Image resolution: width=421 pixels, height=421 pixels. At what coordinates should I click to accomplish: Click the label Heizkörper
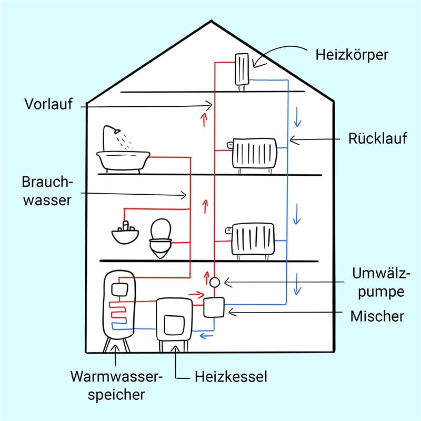tap(352, 55)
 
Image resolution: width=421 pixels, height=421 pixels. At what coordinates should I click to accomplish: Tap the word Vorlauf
tap(48, 104)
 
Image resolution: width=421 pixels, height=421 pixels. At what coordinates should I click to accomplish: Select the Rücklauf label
tap(377, 138)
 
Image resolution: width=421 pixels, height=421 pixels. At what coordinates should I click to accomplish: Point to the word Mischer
tap(377, 316)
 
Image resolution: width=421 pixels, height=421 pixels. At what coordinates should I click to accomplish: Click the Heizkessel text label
tap(231, 376)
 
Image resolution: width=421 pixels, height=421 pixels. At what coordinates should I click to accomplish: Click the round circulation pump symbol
tap(215, 282)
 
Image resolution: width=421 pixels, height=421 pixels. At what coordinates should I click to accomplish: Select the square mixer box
tap(214, 307)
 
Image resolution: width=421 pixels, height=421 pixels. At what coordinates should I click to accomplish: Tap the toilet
tap(161, 238)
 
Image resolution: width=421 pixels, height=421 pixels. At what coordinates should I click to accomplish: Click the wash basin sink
tap(125, 234)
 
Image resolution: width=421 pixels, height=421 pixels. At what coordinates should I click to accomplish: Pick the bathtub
tap(123, 162)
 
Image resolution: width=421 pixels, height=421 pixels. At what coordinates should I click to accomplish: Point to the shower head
tap(117, 131)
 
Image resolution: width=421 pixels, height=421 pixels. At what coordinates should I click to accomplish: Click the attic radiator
tap(242, 71)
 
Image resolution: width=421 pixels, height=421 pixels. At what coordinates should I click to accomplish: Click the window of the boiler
tap(174, 325)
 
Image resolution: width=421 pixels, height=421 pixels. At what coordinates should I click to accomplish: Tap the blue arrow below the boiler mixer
tap(206, 336)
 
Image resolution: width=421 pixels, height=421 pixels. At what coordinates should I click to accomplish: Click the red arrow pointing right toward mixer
tap(196, 295)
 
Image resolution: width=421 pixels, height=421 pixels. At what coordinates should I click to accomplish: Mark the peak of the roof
tap(212, 21)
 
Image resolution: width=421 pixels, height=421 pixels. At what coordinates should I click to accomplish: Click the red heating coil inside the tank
tap(117, 312)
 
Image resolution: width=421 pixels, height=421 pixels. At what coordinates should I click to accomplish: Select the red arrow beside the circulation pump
tap(206, 278)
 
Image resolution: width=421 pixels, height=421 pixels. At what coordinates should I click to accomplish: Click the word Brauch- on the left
tap(47, 182)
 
